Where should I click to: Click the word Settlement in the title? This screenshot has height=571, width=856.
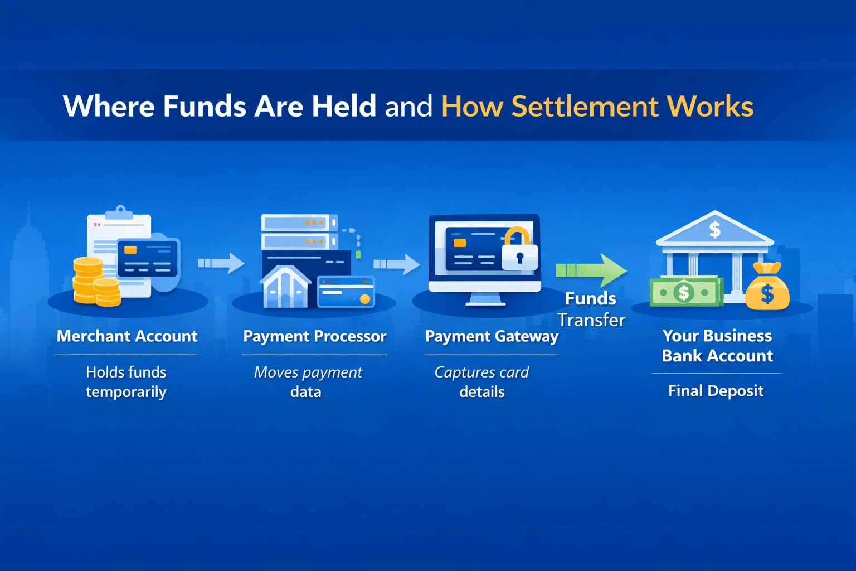(x=584, y=106)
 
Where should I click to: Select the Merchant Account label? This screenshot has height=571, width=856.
(x=127, y=336)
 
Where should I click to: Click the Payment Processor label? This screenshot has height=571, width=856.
(x=314, y=336)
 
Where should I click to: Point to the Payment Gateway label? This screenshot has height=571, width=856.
(x=492, y=336)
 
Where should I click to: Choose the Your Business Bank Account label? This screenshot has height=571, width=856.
(x=717, y=346)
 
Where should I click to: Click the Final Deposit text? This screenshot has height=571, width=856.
(x=716, y=391)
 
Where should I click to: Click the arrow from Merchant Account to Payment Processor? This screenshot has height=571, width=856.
(x=221, y=263)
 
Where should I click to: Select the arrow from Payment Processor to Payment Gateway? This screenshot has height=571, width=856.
(x=397, y=264)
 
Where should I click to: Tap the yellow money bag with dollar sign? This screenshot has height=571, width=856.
(x=767, y=287)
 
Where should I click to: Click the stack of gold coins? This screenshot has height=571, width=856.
(x=95, y=282)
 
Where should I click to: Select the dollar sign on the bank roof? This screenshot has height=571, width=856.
(x=715, y=229)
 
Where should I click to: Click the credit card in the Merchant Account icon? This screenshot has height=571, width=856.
(x=148, y=258)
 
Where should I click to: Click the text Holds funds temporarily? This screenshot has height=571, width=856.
(x=126, y=382)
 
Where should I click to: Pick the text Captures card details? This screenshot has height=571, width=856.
(x=481, y=382)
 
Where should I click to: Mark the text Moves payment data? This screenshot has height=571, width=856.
(x=308, y=382)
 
